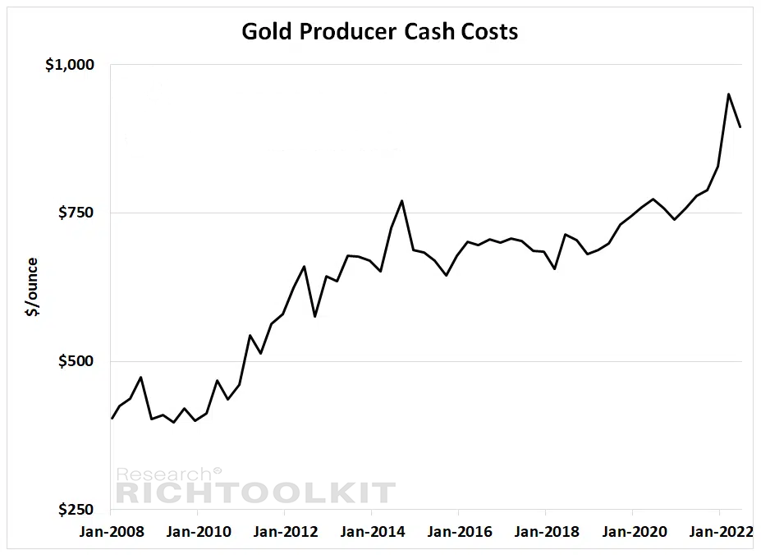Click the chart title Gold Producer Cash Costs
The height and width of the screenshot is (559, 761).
380,31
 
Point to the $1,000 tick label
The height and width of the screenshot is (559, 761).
70,65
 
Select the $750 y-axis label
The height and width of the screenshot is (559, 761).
76,213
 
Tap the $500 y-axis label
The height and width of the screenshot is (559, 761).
76,361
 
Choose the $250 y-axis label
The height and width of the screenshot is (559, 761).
76,510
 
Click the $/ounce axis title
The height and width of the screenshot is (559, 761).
31,286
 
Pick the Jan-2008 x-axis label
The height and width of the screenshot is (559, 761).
112,532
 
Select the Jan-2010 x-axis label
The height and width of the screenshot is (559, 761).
199,532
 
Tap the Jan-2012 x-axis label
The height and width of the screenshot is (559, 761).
286,532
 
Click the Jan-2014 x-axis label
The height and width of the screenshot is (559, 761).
372,532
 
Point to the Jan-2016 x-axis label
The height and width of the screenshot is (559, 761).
460,532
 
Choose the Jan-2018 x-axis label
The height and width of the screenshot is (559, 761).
547,532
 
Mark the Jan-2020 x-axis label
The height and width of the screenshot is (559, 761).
635,532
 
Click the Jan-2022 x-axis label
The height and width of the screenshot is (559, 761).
722,532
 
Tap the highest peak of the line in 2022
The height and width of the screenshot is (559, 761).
728,94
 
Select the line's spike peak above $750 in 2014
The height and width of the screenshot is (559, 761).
402,201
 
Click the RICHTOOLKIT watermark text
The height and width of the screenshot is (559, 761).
256,493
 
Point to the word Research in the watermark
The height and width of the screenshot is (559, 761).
164,474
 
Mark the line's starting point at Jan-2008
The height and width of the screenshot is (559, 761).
112,418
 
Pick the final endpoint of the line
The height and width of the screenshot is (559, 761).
740,126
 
